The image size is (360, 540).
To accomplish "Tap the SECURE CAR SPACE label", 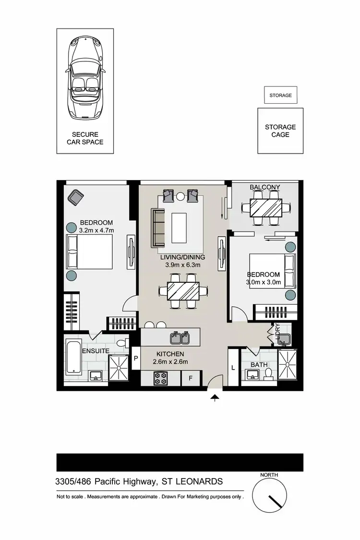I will coord(85,138).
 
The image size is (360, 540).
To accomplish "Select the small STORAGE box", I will coord(280,95).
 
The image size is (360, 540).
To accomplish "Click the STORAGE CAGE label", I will coord(280,131).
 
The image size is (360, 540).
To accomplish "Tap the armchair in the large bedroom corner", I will coord(75,196).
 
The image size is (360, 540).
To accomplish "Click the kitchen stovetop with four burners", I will coord(160,378).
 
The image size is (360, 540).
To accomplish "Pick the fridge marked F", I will coord(191,379).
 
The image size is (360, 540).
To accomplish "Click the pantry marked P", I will coord(136,358).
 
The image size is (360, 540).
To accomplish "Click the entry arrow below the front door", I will coord(215,397).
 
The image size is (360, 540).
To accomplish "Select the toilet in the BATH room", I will coord(269,372).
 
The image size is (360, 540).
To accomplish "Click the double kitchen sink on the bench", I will coord(181,338).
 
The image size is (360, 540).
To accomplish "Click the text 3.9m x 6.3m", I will coord(182,264).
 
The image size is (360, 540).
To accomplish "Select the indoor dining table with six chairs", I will coord(183,290).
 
